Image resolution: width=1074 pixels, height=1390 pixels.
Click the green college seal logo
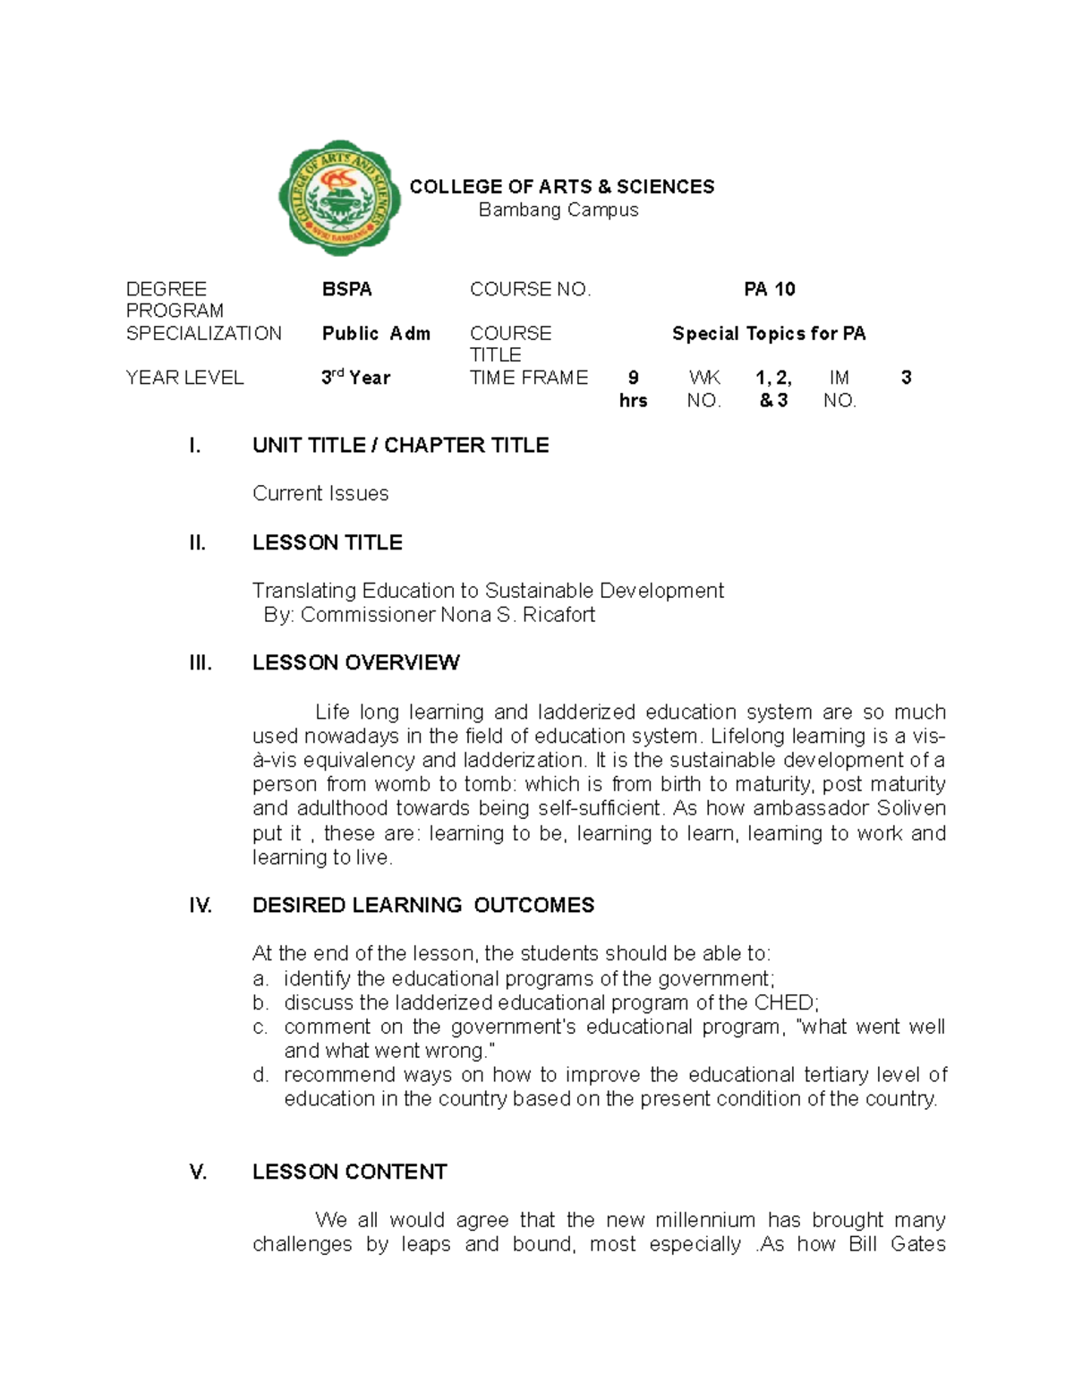point(339,198)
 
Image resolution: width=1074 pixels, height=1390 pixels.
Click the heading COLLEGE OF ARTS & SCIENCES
point(561,186)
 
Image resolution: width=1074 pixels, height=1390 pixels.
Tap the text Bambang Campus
point(558,209)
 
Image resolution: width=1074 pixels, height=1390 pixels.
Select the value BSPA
point(346,289)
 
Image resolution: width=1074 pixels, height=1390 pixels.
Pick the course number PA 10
point(769,289)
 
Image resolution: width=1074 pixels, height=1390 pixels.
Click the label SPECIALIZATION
point(203,333)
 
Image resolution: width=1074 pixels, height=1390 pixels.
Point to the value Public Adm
point(376,333)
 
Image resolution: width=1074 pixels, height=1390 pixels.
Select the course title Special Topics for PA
point(768,333)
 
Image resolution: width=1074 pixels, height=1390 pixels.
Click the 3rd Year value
point(355,378)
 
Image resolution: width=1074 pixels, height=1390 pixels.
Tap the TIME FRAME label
point(528,378)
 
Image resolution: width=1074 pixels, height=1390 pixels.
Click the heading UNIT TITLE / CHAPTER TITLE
point(400,445)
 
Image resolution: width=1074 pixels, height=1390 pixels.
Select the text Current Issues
point(320,493)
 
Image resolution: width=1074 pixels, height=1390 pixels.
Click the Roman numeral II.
point(197,542)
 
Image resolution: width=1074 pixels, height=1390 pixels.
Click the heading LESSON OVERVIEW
point(355,662)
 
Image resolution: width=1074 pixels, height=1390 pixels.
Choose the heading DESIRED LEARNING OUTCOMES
point(422,905)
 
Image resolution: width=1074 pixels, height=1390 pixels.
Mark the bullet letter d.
point(260,1074)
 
